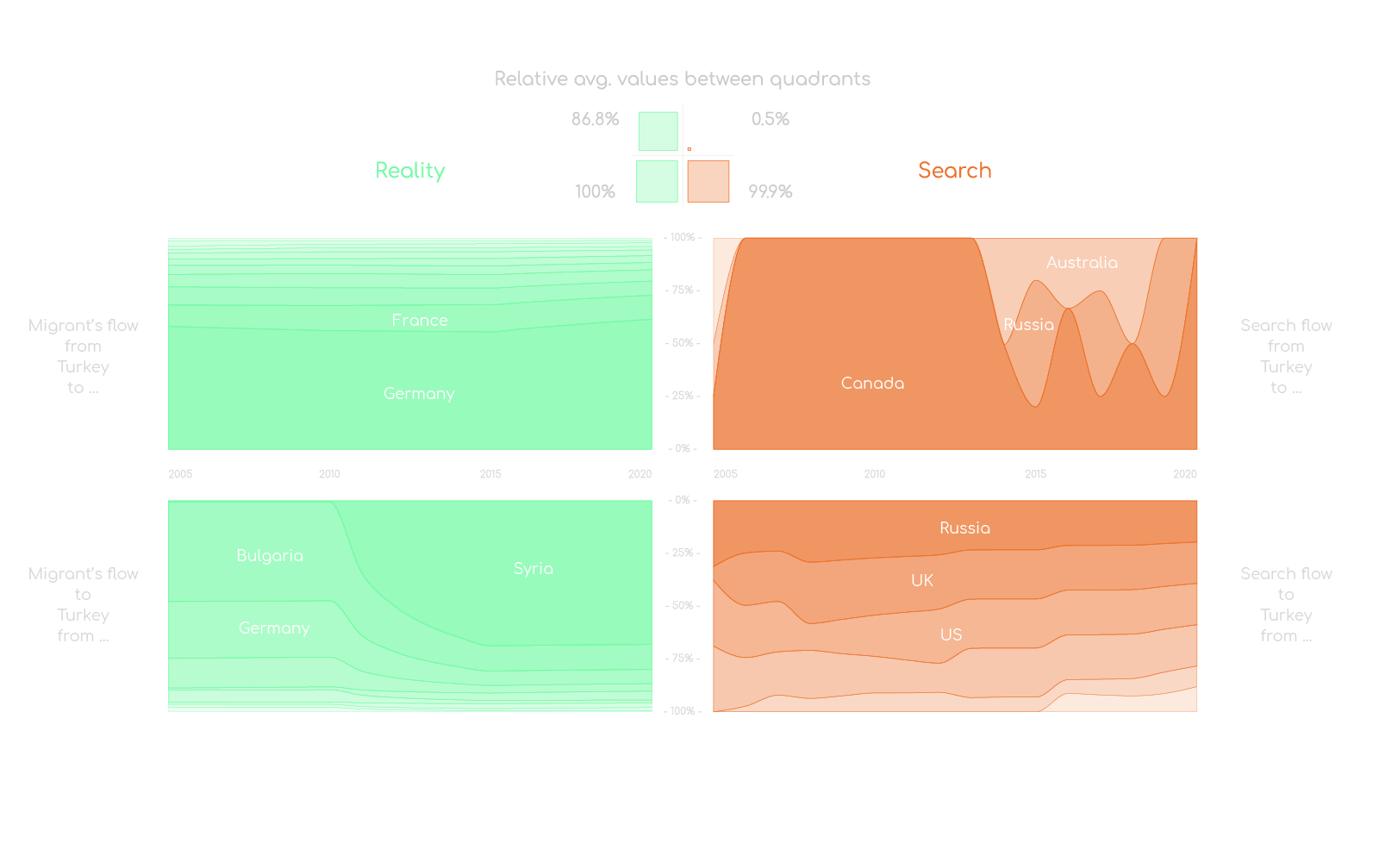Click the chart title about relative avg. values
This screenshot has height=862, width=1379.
point(682,79)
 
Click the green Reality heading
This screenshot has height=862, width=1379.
point(410,171)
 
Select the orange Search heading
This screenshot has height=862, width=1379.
point(954,171)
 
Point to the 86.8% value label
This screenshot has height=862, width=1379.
point(595,119)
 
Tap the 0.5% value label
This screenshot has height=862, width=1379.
point(770,119)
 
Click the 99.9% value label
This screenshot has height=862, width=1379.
point(770,191)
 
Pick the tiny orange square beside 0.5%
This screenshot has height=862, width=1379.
point(689,149)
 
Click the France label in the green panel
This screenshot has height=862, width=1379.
point(420,321)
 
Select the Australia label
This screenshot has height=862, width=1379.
point(1082,263)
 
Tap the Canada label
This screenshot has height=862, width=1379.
point(872,384)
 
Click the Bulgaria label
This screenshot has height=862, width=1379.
point(270,556)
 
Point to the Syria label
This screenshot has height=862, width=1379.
point(534,569)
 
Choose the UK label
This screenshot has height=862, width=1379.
point(922,581)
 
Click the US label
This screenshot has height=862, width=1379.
point(951,635)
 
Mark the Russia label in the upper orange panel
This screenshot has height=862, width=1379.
point(1028,325)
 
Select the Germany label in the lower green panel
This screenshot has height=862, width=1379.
point(274,628)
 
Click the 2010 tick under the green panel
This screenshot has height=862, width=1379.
point(329,474)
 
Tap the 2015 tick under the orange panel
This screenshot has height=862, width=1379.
point(1035,474)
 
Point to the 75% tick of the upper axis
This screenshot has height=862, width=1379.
point(683,290)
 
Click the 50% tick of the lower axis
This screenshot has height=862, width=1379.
point(683,606)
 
